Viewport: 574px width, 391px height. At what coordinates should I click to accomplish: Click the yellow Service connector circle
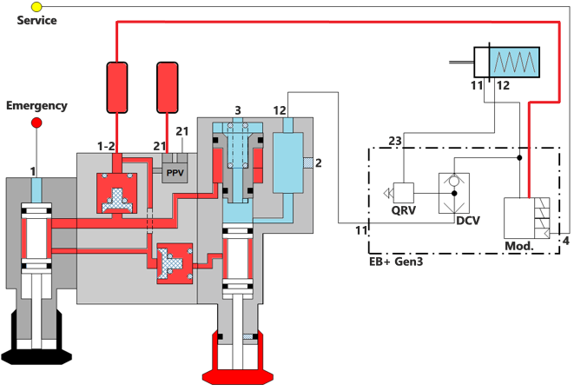pos(36,6)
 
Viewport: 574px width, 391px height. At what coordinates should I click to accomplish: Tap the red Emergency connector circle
pos(37,123)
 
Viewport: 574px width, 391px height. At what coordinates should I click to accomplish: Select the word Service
pos(36,20)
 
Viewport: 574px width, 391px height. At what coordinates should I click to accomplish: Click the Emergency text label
pos(36,106)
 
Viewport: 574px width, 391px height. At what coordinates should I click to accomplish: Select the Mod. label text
pos(519,248)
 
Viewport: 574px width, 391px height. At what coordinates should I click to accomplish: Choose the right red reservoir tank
pos(168,87)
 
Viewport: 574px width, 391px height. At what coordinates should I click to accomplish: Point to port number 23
pos(395,141)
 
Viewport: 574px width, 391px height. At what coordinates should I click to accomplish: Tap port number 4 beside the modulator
pos(566,240)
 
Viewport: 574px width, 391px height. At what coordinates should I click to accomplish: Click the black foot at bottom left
pos(37,354)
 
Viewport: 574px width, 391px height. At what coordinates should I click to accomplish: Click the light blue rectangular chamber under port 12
pos(291,162)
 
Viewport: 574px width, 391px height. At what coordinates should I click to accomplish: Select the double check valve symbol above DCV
pos(452,192)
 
